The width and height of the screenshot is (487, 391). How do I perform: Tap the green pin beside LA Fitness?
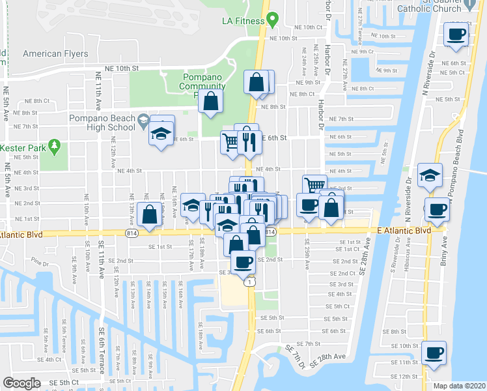click(x=274, y=19)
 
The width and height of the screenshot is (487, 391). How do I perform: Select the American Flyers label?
click(x=55, y=53)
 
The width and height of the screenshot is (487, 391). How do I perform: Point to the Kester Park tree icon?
click(x=55, y=146)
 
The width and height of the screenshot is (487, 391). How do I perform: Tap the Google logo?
click(x=22, y=383)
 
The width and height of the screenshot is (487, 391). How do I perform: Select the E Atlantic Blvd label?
click(x=404, y=231)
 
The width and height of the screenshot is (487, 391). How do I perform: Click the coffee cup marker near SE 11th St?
click(x=434, y=353)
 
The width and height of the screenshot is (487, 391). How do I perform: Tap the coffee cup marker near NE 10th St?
click(x=456, y=33)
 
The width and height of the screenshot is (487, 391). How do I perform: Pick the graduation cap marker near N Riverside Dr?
click(x=430, y=174)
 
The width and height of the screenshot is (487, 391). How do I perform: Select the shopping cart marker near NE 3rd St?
click(x=314, y=185)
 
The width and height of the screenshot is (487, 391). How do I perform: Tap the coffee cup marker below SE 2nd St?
click(x=243, y=262)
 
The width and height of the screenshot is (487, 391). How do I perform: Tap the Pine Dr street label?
click(x=40, y=263)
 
